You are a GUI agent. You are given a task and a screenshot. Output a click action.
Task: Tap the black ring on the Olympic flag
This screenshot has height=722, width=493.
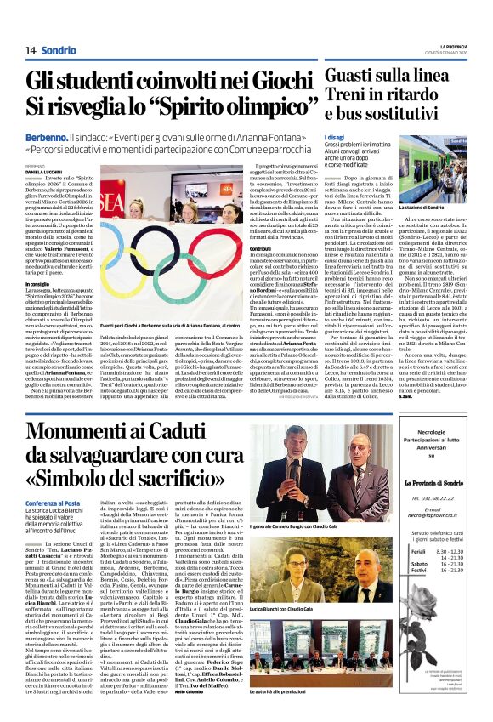click(178, 210)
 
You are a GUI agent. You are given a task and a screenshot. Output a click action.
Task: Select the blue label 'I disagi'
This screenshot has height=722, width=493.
click(333, 138)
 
